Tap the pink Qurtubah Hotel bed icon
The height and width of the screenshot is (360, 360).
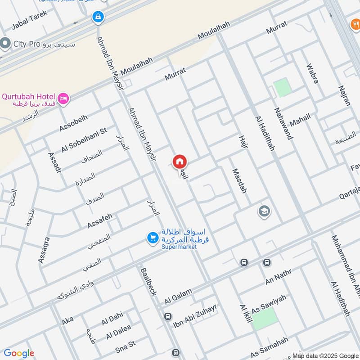pos(63,98)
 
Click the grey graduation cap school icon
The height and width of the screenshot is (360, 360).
pos(264,211)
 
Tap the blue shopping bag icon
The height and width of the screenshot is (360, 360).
pos(97,18)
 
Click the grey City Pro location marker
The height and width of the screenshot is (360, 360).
pos(5,44)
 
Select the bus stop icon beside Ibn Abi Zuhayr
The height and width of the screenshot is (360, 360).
pos(168,316)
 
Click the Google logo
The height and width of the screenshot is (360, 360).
pos(18,353)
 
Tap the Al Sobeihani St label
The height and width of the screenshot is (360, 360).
pos(85,139)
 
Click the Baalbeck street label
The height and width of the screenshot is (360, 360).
pos(148,282)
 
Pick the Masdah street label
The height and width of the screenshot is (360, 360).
pos(239,181)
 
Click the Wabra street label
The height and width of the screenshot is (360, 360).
pos(312,73)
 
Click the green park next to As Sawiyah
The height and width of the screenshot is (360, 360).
pos(264,319)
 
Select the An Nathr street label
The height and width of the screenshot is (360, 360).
pos(279,275)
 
